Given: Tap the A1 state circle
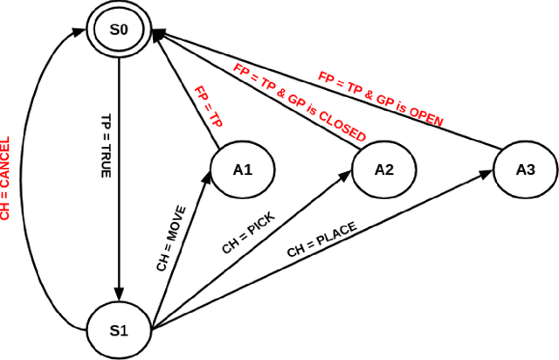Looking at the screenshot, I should coord(242,170).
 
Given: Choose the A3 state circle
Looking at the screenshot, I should coord(526,170).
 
